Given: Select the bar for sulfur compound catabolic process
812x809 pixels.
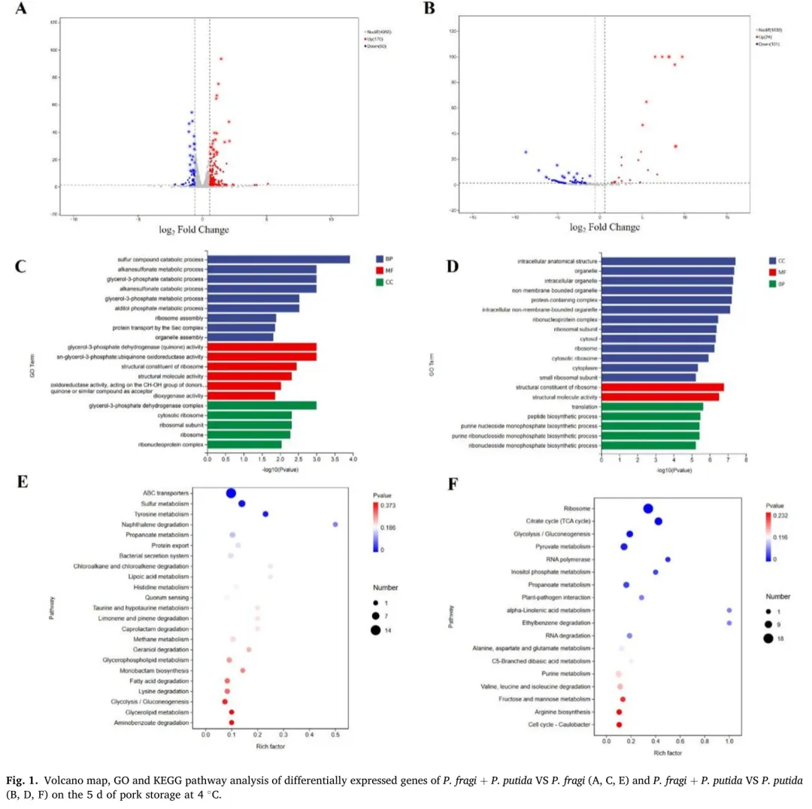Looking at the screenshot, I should coord(278,259).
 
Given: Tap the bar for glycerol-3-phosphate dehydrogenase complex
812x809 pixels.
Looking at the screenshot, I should coord(262,404).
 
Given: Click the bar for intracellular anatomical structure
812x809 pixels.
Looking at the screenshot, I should coord(668,261).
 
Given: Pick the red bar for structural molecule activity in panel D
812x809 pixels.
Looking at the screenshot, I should coord(660,396).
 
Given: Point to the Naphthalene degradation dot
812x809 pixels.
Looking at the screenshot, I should coord(335,524).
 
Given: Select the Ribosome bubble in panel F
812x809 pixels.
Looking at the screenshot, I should coord(647,509).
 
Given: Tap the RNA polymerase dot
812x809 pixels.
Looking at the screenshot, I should coord(668,559).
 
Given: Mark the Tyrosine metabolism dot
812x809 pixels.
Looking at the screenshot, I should coord(265,514).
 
